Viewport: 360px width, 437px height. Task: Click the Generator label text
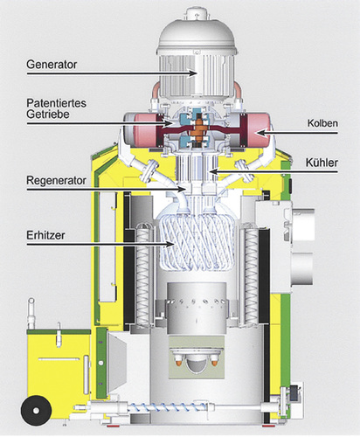point(52,65)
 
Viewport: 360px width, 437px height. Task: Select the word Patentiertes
point(56,103)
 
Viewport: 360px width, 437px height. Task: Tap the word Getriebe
point(48,114)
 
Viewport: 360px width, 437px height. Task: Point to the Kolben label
point(322,123)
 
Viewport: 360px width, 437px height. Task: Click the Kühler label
point(322,163)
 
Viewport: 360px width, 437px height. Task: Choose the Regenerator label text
point(56,181)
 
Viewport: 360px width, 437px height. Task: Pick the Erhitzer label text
point(45,235)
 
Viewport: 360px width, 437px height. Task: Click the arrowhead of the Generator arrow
point(192,73)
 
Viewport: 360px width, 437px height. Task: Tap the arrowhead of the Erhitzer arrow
point(169,244)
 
